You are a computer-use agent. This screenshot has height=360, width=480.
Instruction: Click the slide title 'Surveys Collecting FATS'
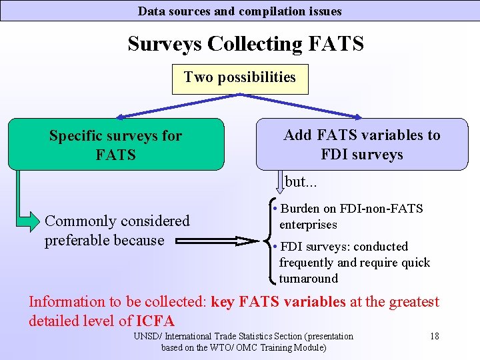(x=245, y=44)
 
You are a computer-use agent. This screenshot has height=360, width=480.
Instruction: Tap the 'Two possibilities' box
(x=239, y=77)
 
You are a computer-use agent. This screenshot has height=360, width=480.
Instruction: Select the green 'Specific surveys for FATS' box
(x=115, y=145)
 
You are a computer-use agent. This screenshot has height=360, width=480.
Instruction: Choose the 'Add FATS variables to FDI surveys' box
(x=362, y=145)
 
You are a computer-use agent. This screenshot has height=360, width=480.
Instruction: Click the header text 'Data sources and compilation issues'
(x=239, y=11)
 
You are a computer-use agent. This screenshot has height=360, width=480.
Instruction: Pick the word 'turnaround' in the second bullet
(x=309, y=279)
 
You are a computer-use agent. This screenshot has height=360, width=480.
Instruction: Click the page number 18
(x=434, y=336)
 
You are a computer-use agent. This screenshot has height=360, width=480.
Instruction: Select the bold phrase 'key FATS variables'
(x=278, y=302)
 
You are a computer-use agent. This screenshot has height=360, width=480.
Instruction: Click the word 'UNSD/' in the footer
(x=147, y=336)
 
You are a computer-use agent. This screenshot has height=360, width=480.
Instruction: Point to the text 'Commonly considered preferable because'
(x=117, y=230)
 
